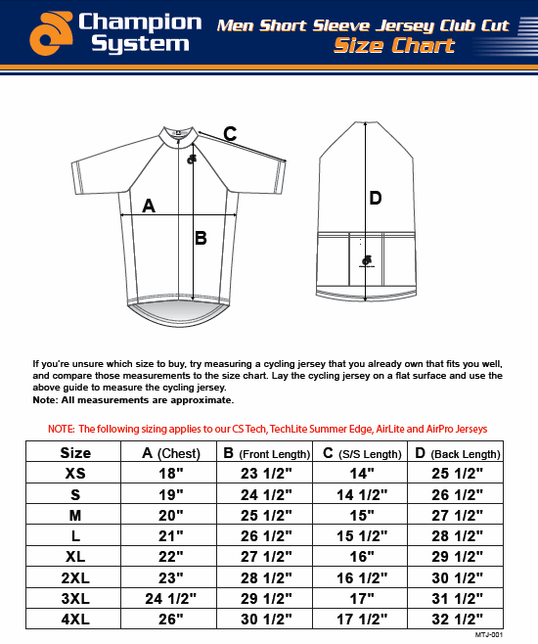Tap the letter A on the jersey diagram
click(149, 206)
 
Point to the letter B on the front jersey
click(201, 238)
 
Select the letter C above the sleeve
click(230, 134)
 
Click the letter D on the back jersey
click(375, 199)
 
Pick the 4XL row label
click(75, 620)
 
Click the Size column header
click(75, 452)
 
